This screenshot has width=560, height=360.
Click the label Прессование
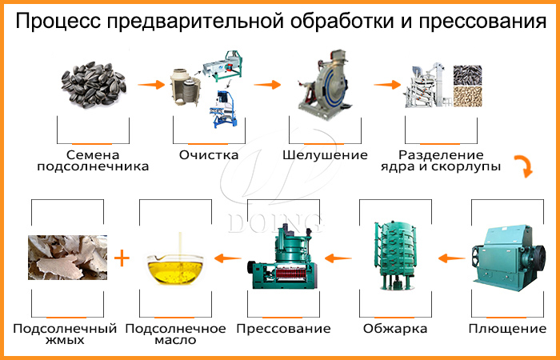click(x=283, y=329)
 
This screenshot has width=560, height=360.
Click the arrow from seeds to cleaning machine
click(x=150, y=82)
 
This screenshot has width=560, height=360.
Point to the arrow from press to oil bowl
click(x=230, y=258)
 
